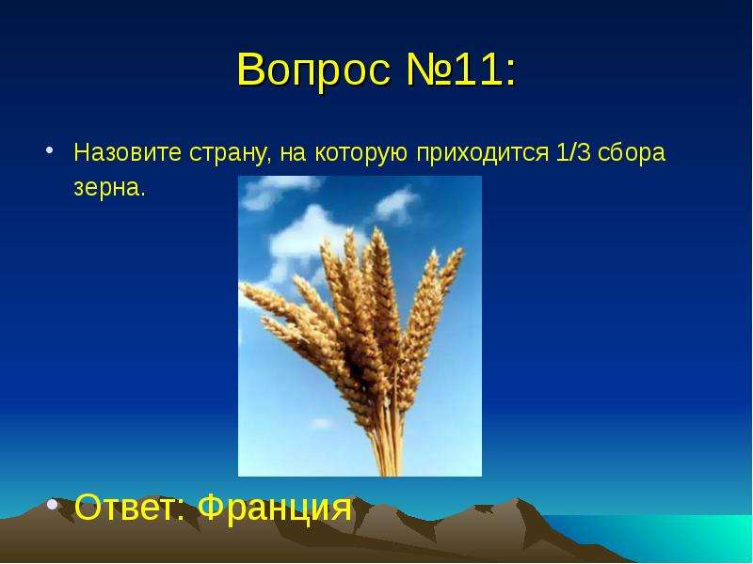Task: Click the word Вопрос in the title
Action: (x=313, y=70)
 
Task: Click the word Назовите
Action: (x=127, y=152)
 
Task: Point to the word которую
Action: (x=361, y=154)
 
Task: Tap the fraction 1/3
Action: (x=573, y=152)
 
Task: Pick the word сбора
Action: (x=632, y=153)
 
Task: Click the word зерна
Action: (x=108, y=188)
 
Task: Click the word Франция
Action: (x=275, y=508)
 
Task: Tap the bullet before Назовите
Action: (x=49, y=150)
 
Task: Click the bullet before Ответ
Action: (x=53, y=504)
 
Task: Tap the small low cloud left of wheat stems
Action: (x=321, y=424)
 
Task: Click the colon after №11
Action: (x=509, y=74)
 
